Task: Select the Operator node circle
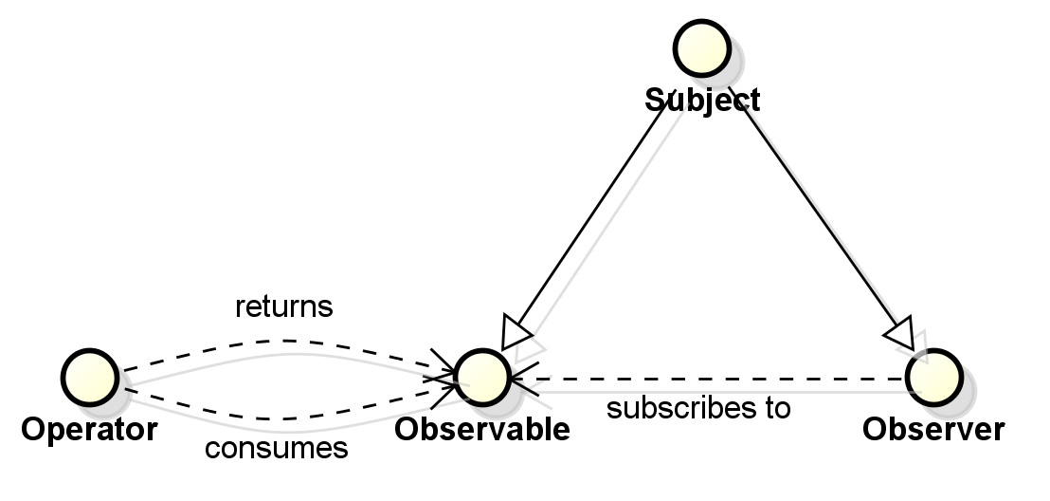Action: [x=90, y=375]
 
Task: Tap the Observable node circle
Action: [x=481, y=378]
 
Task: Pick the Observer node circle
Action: [x=933, y=378]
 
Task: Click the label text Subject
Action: [x=702, y=100]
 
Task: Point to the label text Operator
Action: [x=89, y=430]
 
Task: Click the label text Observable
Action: [x=482, y=430]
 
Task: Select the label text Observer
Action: [x=932, y=430]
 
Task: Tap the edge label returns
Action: [x=284, y=307]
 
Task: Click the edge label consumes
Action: [x=277, y=448]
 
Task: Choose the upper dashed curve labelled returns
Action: [x=284, y=340]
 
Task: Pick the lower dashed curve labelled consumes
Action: [x=284, y=417]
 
